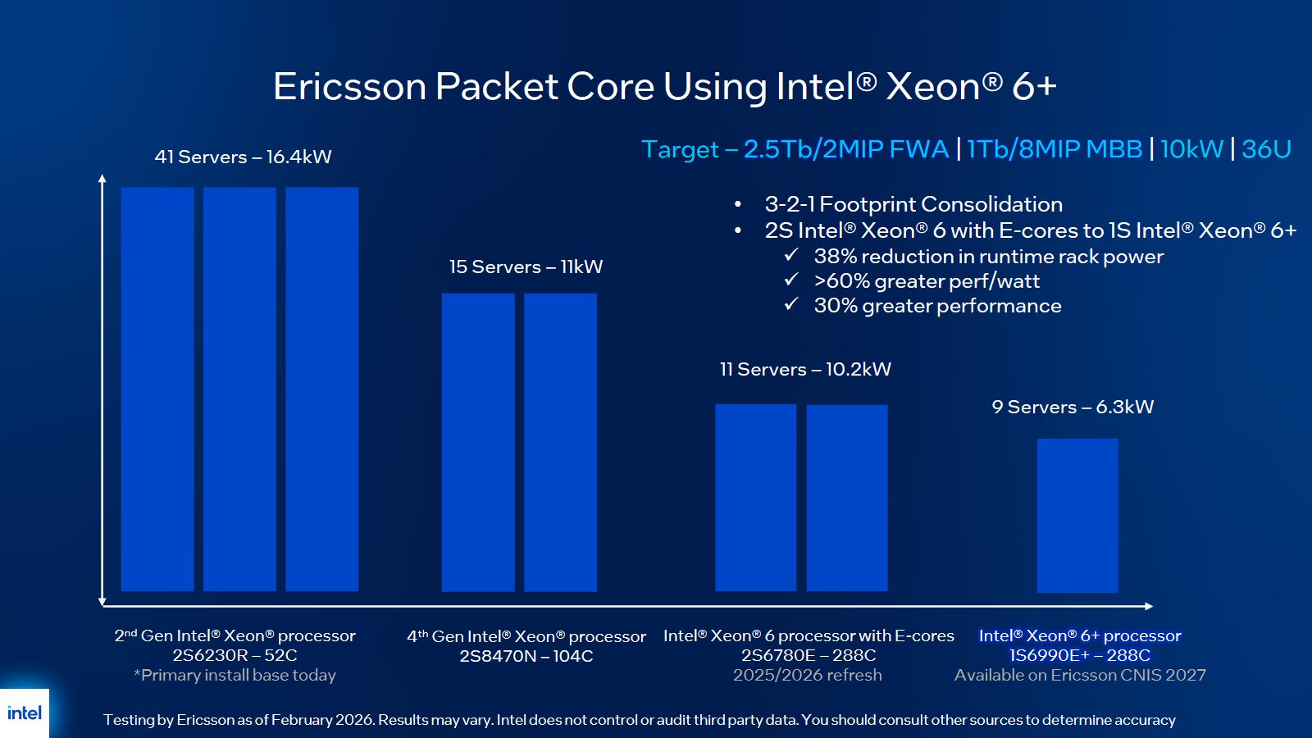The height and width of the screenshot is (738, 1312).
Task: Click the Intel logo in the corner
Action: click(x=25, y=713)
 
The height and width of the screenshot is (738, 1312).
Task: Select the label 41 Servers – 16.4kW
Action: click(x=243, y=157)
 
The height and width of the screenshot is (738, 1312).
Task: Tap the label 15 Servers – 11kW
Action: click(x=526, y=266)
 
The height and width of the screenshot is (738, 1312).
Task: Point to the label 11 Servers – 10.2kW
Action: click(x=805, y=369)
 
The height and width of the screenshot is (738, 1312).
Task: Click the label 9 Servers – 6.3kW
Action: click(x=1073, y=407)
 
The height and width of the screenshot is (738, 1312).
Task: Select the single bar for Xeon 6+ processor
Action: click(x=1077, y=515)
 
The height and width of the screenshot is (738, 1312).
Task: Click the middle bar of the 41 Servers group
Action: click(x=239, y=389)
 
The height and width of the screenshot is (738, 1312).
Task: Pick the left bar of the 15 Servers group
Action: click(x=478, y=442)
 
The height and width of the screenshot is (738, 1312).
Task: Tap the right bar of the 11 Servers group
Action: click(x=847, y=497)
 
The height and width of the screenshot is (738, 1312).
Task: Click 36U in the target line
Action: click(x=1266, y=149)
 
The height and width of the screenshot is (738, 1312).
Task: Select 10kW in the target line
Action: click(x=1191, y=149)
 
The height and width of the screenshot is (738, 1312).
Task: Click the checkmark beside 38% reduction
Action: click(x=791, y=255)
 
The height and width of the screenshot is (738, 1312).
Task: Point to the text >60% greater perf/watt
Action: click(x=927, y=281)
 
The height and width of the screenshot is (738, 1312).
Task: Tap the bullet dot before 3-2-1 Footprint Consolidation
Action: click(x=738, y=204)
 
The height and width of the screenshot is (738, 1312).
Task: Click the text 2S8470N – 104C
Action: click(x=526, y=656)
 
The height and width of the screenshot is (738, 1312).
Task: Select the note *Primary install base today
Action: click(x=235, y=675)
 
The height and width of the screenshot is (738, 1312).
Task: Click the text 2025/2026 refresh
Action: click(x=808, y=675)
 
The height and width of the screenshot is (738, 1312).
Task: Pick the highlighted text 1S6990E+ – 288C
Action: click(x=1079, y=655)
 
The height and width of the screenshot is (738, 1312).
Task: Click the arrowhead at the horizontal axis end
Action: click(x=1149, y=606)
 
